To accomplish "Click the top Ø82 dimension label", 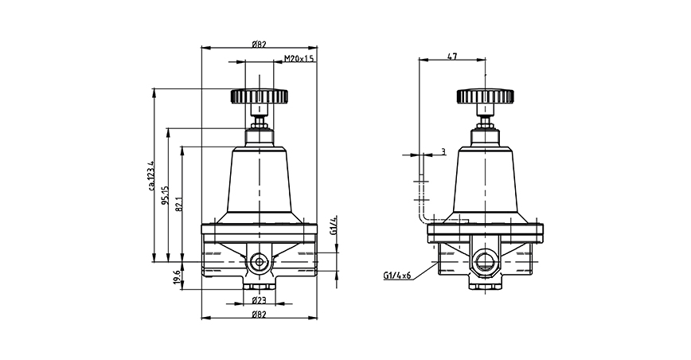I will pyautogui.click(x=259, y=44).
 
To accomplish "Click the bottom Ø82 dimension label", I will pyautogui.click(x=259, y=313).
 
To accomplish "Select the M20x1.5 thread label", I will pyautogui.click(x=299, y=59).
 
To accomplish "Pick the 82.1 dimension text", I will pyautogui.click(x=179, y=204).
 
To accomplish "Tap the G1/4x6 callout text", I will pyautogui.click(x=397, y=276).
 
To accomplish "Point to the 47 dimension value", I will pyautogui.click(x=452, y=56).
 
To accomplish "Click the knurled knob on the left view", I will pyautogui.click(x=259, y=96).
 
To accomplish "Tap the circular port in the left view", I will pyautogui.click(x=260, y=262).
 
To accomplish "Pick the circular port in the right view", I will pyautogui.click(x=484, y=261).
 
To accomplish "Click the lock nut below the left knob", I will pyautogui.click(x=260, y=123).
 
